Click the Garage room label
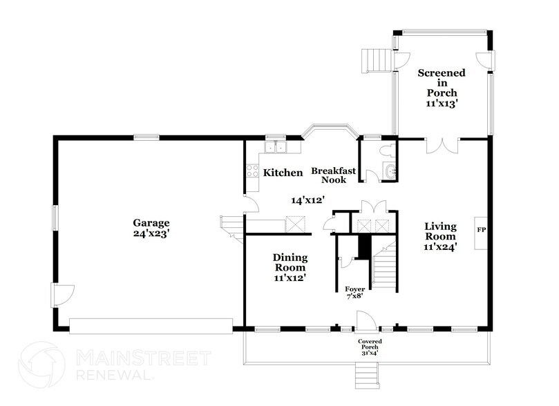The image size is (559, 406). click(151, 223)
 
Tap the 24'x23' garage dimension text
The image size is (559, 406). click(151, 234)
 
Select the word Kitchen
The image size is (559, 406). click(281, 173)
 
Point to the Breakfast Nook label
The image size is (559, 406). click(332, 175)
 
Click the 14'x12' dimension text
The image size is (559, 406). click(307, 200)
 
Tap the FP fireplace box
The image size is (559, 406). click(482, 228)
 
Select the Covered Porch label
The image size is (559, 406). click(370, 345)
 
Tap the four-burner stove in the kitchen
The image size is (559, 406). click(252, 172)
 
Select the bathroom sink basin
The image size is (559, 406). click(391, 172)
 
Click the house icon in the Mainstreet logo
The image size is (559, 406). click(41, 365)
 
